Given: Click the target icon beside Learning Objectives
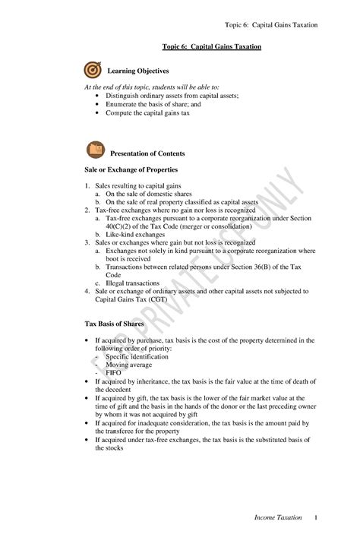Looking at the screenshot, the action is pyautogui.click(x=93, y=70).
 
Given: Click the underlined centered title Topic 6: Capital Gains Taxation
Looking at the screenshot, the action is pyautogui.click(x=212, y=47).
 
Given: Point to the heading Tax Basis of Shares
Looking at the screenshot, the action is pyautogui.click(x=119, y=324).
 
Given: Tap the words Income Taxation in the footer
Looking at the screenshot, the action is pyautogui.click(x=277, y=517).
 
